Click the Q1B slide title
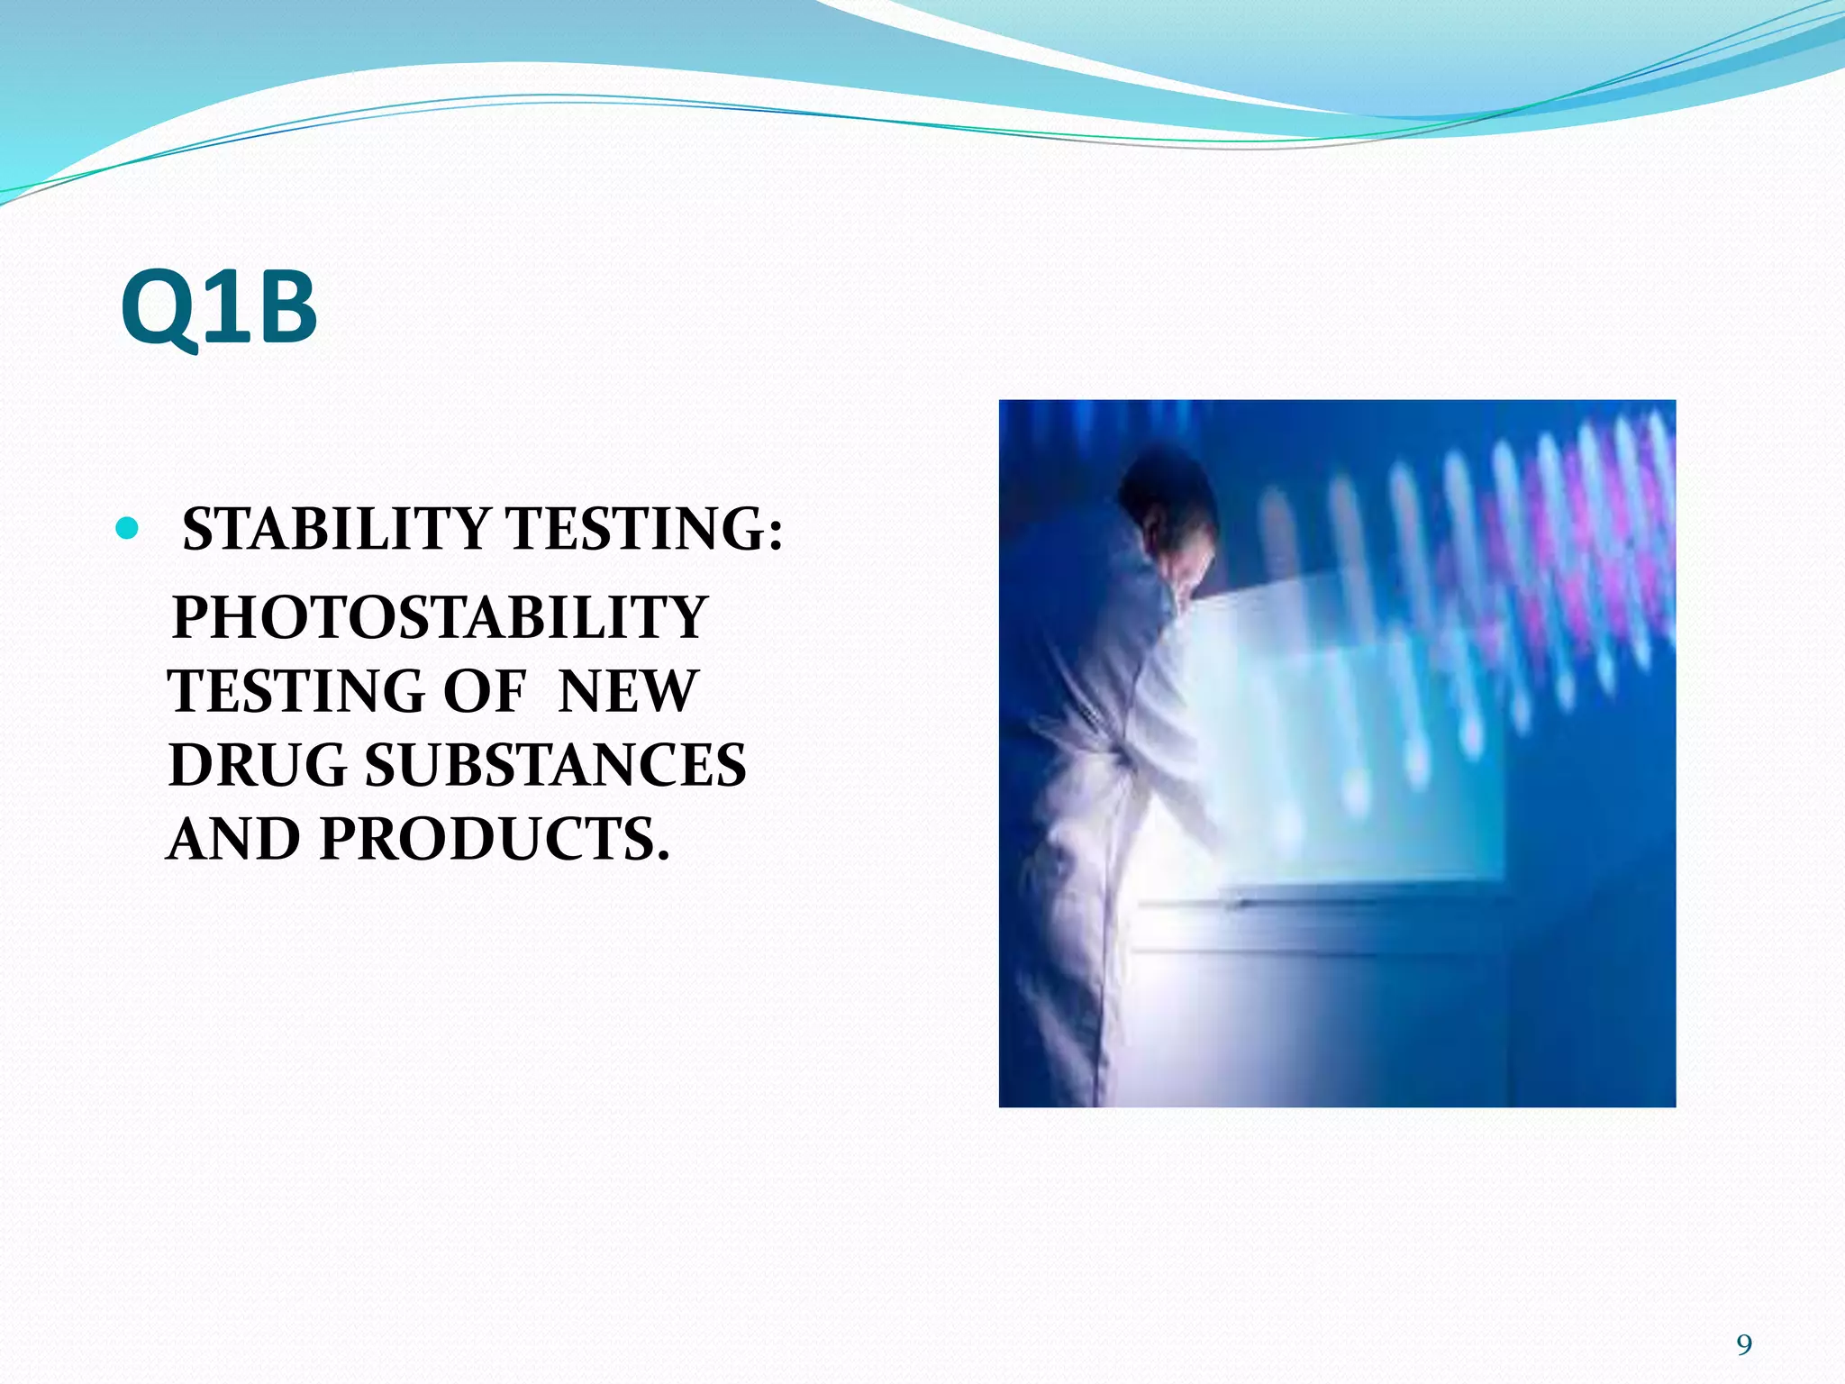(219, 308)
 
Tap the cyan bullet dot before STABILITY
(128, 528)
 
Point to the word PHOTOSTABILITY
(440, 618)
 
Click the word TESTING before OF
(295, 692)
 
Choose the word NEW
(627, 692)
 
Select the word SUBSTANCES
(555, 766)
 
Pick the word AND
(234, 840)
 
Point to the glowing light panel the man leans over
(1351, 739)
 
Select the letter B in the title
(282, 308)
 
